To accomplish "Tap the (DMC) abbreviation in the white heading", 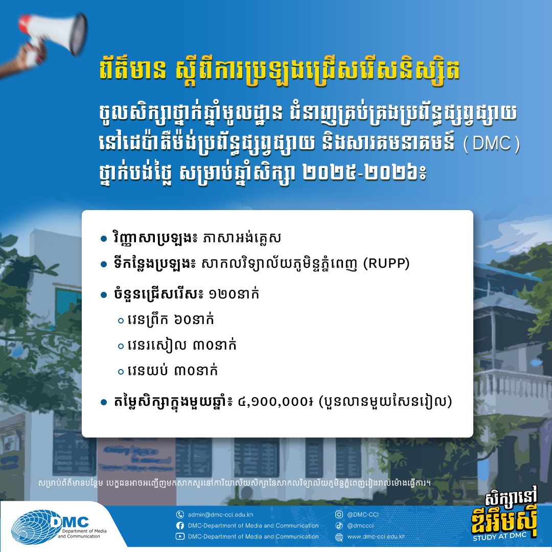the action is point(491,144).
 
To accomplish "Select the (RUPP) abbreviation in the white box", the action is point(386,263).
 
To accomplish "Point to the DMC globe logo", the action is point(32,527).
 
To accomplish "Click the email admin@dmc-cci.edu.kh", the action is point(220,514).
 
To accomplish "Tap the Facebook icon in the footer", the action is point(180,525).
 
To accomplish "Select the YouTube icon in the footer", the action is point(180,537).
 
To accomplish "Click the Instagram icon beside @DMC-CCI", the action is point(339,514).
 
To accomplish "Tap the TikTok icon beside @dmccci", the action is point(339,525).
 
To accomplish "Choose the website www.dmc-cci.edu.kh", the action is point(376,537).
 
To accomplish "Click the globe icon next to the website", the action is point(339,537).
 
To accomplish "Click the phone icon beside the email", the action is point(180,514).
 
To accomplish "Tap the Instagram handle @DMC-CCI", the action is point(363,514).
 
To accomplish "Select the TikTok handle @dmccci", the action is point(360,525).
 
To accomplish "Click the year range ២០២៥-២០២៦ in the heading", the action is point(364,174).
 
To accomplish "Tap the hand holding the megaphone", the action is point(21,58).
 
